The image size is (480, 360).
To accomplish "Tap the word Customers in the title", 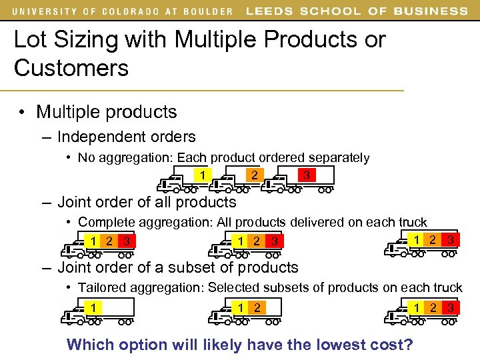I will click(x=71, y=68).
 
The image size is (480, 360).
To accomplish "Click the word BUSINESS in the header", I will click(x=431, y=11).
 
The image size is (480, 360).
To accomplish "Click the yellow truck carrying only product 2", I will click(x=246, y=178).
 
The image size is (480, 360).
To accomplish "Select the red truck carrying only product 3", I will click(x=299, y=178).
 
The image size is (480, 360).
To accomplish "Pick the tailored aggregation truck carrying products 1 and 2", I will click(x=247, y=310).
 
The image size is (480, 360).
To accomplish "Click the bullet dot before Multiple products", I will click(x=23, y=112).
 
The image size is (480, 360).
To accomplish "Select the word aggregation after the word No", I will click(x=135, y=158).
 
